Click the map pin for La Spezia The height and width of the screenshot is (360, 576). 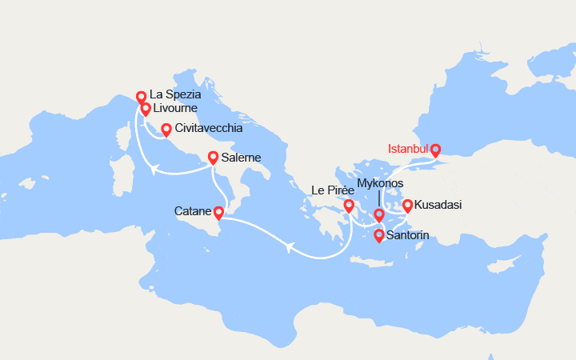[141, 97]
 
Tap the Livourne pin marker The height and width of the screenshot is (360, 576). [146, 109]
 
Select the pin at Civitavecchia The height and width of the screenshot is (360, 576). [166, 129]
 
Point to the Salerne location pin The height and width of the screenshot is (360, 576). [214, 158]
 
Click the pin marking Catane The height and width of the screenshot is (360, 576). [219, 212]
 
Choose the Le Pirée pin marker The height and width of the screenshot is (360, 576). [349, 206]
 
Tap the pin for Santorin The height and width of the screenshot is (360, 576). [378, 235]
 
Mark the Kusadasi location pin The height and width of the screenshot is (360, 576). [407, 205]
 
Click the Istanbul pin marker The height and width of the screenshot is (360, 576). [435, 149]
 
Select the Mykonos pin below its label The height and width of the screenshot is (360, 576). [379, 214]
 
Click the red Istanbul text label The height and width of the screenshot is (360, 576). [408, 150]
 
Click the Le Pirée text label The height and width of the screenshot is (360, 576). [333, 190]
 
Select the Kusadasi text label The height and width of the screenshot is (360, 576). [438, 206]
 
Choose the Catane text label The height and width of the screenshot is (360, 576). [193, 212]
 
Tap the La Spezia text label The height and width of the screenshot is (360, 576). [175, 95]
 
